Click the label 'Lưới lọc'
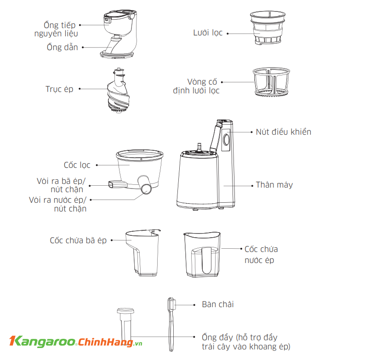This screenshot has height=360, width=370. tap(208, 33)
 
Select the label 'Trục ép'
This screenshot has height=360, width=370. tap(59, 89)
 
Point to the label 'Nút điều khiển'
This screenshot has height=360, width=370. tap(283, 132)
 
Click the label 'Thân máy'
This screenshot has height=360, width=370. tap(274, 185)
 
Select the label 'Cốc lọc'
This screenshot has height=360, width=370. tap(77, 165)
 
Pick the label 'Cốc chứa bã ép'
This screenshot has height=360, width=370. tap(78, 240)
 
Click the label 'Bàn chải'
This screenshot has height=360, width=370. tap(221, 304)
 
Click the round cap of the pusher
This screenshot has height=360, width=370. tap(125, 311)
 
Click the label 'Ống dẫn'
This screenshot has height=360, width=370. tap(62, 47)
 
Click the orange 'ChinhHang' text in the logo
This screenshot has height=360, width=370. tap(105, 342)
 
